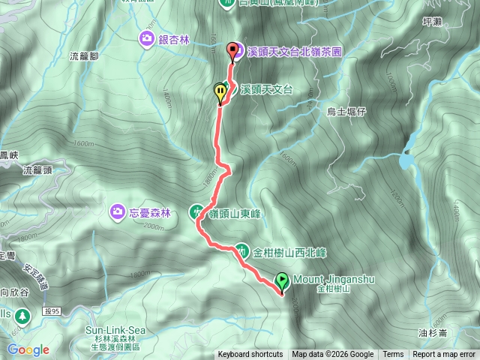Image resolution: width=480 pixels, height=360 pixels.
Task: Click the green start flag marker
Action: (282, 281)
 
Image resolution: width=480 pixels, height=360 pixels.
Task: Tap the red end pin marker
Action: (232, 51)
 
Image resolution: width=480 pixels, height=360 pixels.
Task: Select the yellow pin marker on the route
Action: (220, 93)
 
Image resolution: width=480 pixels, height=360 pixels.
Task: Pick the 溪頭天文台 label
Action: (265, 89)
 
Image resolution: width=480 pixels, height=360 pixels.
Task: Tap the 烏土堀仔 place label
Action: (345, 112)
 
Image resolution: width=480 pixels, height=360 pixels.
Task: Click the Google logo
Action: (28, 349)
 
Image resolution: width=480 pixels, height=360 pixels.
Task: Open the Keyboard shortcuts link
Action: (250, 355)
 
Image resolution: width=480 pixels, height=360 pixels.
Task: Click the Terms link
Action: (393, 355)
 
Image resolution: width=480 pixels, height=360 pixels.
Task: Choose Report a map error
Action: (444, 355)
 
